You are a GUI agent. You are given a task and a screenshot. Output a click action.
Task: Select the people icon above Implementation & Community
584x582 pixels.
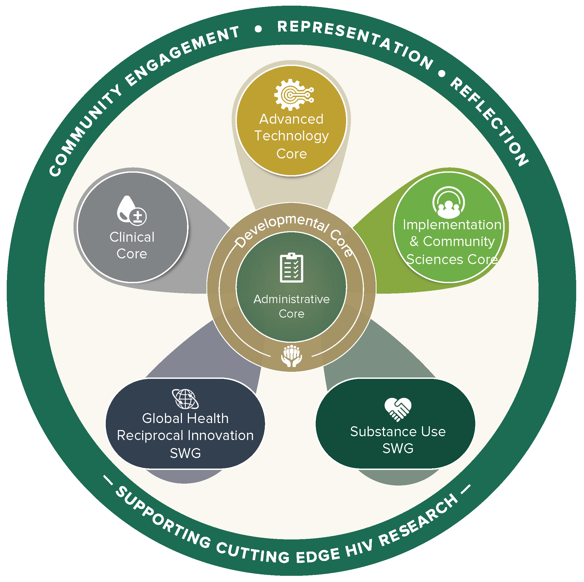click(449, 203)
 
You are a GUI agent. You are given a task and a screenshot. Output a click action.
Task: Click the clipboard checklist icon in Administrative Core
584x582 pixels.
click(291, 268)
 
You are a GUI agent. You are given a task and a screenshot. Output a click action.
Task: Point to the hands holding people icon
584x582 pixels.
click(291, 356)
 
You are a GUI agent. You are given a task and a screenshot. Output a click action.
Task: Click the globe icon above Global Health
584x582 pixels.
click(185, 399)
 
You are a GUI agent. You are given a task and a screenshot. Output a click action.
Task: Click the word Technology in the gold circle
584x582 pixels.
click(291, 136)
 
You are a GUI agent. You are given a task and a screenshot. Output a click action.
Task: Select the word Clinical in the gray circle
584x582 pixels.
click(132, 237)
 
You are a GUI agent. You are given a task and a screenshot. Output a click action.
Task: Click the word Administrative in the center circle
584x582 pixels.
click(291, 299)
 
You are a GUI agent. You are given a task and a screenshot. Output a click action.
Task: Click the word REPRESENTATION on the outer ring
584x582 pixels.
click(355, 41)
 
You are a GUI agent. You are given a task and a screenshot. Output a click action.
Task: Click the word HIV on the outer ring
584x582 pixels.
click(359, 548)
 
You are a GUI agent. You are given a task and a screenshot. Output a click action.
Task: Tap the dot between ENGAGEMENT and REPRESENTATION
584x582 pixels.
click(258, 29)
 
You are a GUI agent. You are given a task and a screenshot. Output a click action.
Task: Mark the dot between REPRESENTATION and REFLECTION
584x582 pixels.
click(442, 74)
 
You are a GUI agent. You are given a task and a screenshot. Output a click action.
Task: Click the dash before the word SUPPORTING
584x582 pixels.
click(108, 480)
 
